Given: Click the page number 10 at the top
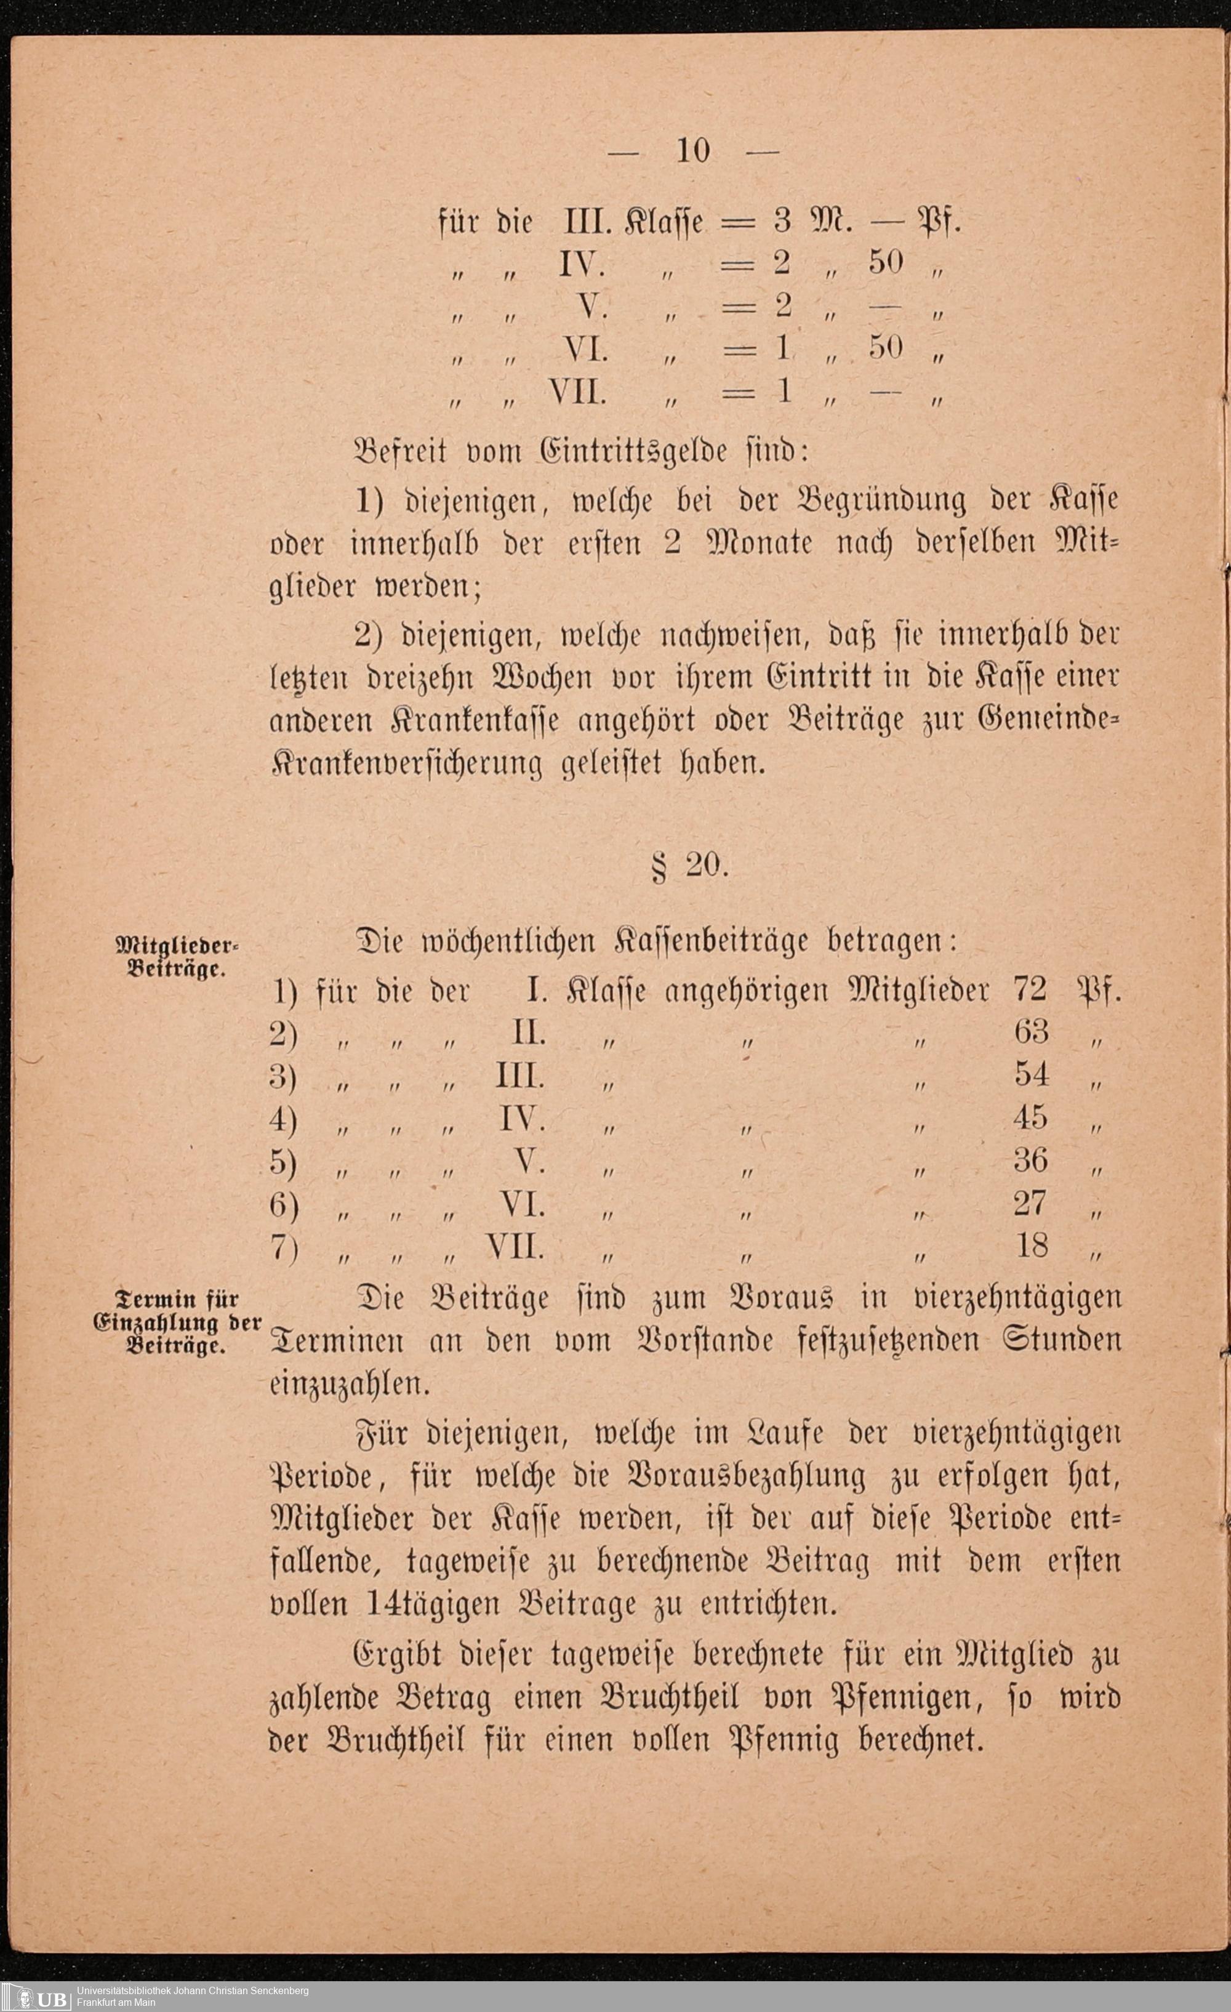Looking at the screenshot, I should (693, 151).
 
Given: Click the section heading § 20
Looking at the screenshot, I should (691, 866).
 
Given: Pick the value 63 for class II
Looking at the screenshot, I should (1031, 1032).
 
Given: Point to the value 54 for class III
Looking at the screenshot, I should (1031, 1074).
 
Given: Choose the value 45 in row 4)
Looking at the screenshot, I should (1030, 1117).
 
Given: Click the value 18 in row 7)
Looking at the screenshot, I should (1031, 1245).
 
